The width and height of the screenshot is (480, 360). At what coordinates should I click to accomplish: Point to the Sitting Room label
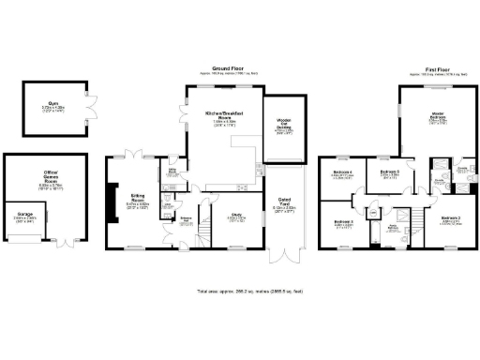[x=137, y=199]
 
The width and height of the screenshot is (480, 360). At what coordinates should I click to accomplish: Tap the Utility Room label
[x=172, y=173]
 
